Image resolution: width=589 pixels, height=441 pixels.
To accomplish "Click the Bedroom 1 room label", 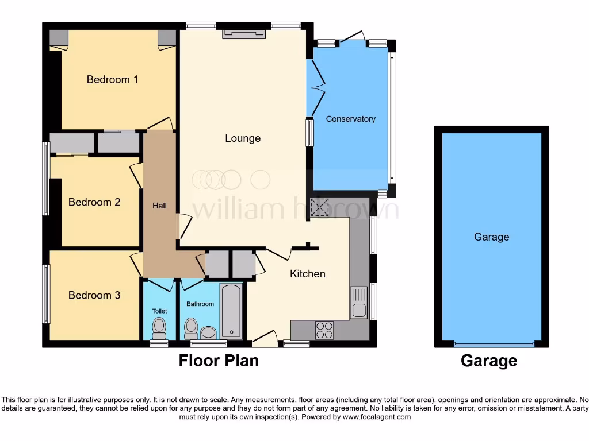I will pyautogui.click(x=112, y=79).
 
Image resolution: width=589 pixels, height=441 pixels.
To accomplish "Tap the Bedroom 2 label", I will pyautogui.click(x=94, y=202).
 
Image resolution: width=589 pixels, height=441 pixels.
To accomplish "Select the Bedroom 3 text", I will pyautogui.click(x=94, y=295).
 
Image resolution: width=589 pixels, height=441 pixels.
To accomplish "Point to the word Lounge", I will pyautogui.click(x=243, y=138).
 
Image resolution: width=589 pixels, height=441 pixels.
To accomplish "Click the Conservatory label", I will pyautogui.click(x=350, y=119).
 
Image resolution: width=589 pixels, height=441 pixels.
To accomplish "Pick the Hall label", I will pyautogui.click(x=159, y=205).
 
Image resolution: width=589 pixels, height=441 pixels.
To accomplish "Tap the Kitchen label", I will pyautogui.click(x=308, y=274).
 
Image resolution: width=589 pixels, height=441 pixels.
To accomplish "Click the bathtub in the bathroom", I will pyautogui.click(x=232, y=311).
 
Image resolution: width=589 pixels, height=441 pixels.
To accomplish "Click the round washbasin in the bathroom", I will pyautogui.click(x=208, y=332).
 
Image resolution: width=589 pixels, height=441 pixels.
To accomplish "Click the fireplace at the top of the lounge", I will pyautogui.click(x=244, y=34).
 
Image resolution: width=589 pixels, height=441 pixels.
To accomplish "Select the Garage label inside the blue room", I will pyautogui.click(x=491, y=237).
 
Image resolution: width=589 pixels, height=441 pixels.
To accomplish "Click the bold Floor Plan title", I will pyautogui.click(x=219, y=361).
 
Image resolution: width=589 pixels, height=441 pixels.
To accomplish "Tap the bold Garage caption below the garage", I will pyautogui.click(x=488, y=361).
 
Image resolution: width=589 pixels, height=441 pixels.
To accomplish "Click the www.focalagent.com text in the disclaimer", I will pyautogui.click(x=377, y=417).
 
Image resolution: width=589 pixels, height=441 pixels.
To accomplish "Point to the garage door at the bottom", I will pyautogui.click(x=492, y=344).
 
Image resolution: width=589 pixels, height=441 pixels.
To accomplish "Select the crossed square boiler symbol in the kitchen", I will pyautogui.click(x=318, y=207).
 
